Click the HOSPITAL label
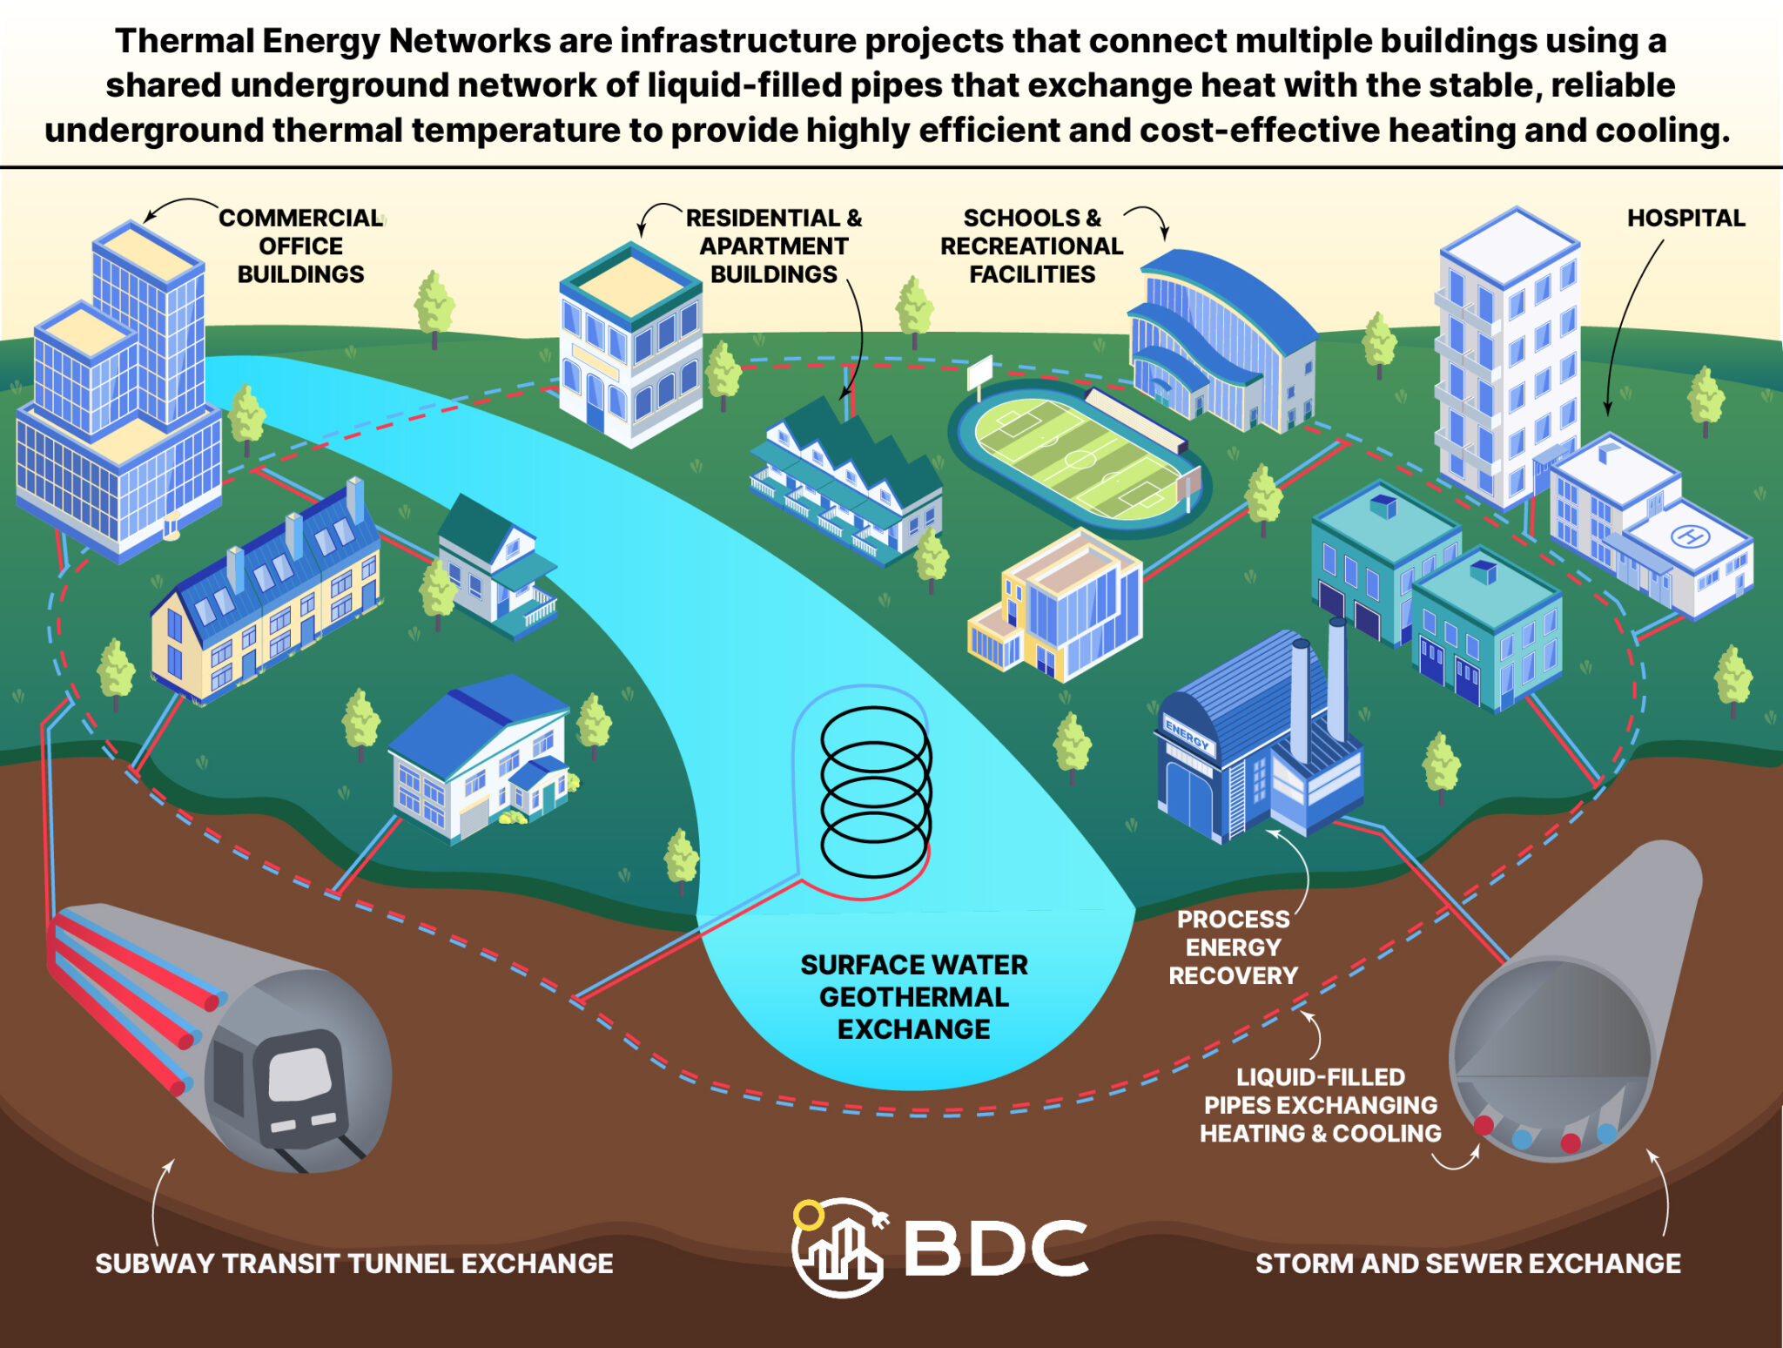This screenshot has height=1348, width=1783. (1685, 218)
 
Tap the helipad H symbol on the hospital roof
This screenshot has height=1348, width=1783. (1690, 536)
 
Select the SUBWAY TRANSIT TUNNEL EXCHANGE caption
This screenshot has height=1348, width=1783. (353, 1264)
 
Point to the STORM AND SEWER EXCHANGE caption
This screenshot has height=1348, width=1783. (1468, 1264)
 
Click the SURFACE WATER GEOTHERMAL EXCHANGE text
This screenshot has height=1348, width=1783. (913, 997)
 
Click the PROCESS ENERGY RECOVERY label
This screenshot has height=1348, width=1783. (1233, 947)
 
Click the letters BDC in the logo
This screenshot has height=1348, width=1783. (996, 1248)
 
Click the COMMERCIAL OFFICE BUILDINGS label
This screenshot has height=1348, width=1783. (300, 246)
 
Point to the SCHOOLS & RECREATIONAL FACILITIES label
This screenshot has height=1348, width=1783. (1032, 246)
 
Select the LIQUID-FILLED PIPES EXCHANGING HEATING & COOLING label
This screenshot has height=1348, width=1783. (1320, 1105)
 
